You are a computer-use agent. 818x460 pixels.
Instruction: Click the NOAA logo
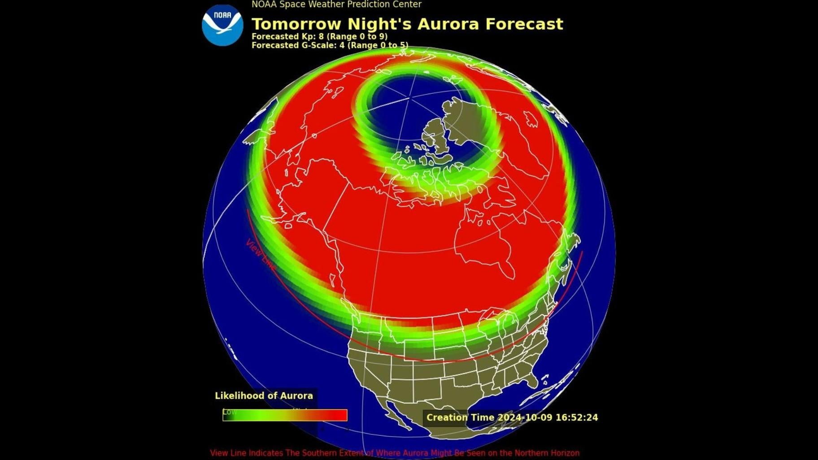[222, 25]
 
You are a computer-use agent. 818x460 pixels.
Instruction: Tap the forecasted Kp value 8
[321, 36]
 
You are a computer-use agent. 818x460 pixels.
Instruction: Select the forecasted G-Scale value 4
[342, 45]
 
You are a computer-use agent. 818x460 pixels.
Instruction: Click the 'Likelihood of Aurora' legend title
[264, 395]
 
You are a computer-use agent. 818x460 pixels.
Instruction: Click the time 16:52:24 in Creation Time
[577, 417]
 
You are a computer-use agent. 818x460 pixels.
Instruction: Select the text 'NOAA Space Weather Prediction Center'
[336, 4]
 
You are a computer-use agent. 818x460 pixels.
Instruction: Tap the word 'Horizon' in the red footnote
[563, 453]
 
